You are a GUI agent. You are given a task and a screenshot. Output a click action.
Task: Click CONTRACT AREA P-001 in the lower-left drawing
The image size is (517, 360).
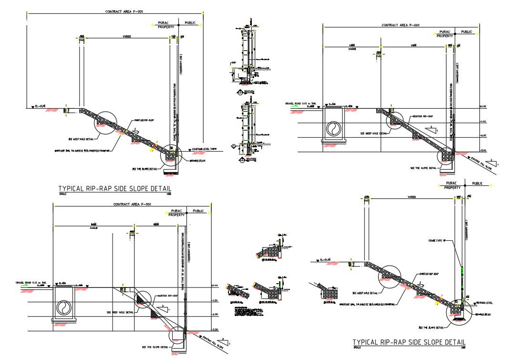click(132, 204)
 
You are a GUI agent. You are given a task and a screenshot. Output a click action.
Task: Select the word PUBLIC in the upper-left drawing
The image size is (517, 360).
click(190, 22)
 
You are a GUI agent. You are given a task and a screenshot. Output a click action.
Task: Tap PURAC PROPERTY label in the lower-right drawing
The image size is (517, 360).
click(452, 185)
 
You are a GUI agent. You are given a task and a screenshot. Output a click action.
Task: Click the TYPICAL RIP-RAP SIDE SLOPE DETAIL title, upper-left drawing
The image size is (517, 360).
click(114, 189)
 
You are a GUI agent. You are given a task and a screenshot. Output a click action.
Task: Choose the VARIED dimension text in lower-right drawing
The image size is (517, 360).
click(412, 197)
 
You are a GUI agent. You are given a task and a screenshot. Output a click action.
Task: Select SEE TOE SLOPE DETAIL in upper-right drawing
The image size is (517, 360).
click(423, 168)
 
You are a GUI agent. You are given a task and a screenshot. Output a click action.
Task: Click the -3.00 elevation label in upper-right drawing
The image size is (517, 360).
click(483, 150)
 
